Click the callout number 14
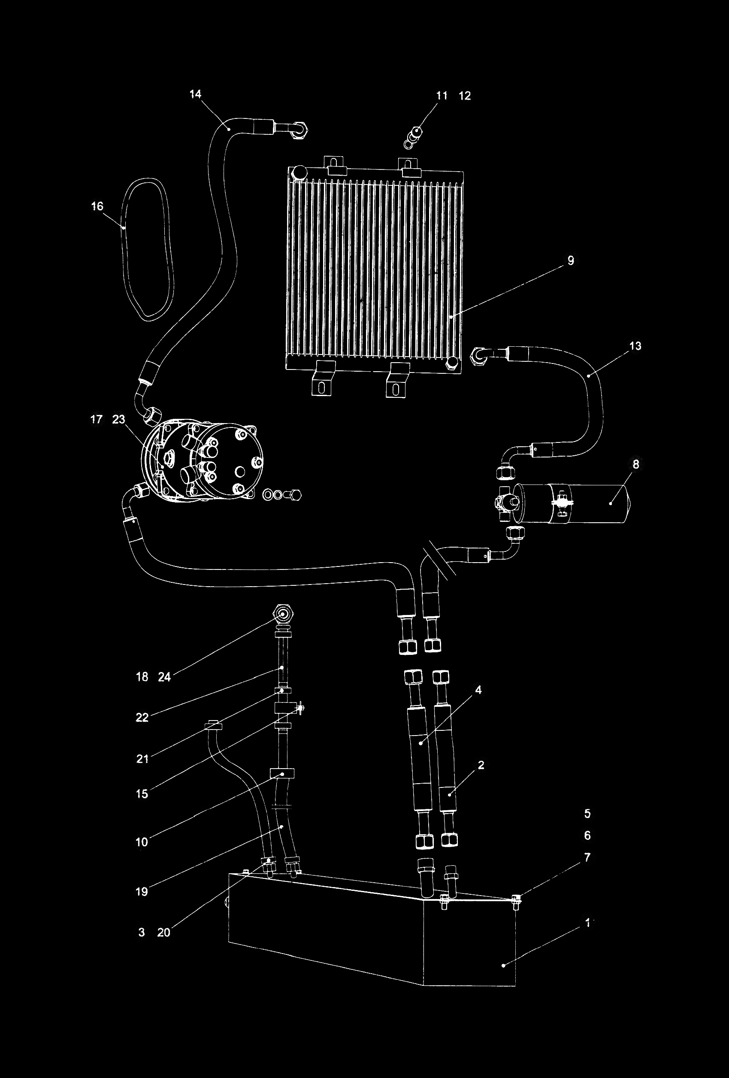[196, 94]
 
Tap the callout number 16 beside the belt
[97, 206]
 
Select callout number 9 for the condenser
[571, 260]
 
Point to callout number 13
[635, 345]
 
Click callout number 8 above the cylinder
[636, 464]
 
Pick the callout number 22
[142, 718]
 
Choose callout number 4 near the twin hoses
[478, 690]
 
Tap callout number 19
[142, 891]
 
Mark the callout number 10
[142, 842]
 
